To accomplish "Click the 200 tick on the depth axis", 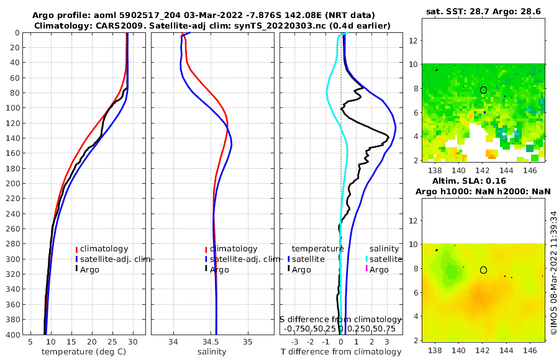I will click(12, 184).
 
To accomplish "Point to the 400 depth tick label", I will click(12, 335).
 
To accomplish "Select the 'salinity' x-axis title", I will click(211, 352).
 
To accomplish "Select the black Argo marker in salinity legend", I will click(206, 269).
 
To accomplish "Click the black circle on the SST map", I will click(484, 90).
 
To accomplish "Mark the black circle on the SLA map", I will click(484, 270).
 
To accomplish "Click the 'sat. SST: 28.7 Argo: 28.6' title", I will click(483, 12).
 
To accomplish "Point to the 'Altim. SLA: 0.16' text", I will click(483, 181).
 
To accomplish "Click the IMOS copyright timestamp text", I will click(553, 271).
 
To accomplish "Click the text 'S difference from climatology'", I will click(340, 318).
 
